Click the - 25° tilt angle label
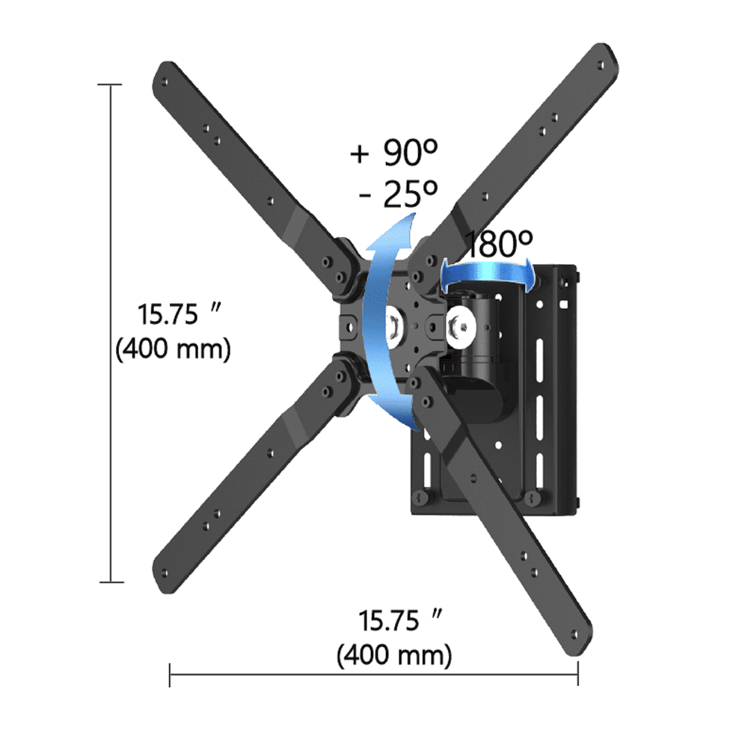(398, 194)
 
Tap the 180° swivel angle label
(499, 244)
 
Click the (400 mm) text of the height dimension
(173, 349)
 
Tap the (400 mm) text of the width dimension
(394, 656)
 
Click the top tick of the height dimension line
(111, 85)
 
